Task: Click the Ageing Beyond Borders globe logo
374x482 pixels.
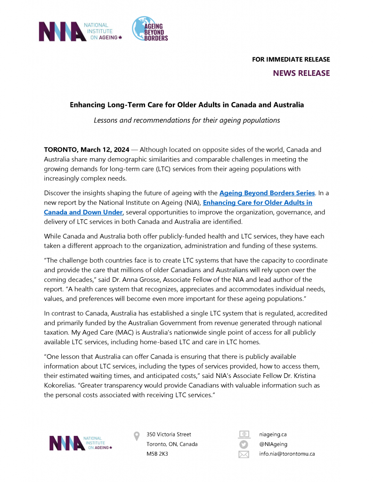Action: (x=149, y=29)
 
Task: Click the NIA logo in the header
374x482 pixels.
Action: (x=80, y=32)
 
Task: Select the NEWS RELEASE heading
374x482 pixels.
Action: (x=301, y=73)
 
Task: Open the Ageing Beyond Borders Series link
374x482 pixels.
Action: (x=267, y=193)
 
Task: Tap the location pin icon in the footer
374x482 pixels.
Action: (x=137, y=436)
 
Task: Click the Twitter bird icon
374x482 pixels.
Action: (x=244, y=444)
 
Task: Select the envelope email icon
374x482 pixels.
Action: (x=244, y=454)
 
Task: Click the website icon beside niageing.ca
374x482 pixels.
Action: (x=244, y=434)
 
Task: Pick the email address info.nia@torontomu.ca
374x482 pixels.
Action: (x=287, y=454)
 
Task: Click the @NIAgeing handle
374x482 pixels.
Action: (x=273, y=444)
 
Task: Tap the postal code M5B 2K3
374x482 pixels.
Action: (x=157, y=454)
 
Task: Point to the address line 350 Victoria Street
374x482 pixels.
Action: (x=169, y=434)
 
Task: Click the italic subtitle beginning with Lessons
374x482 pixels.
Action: (x=187, y=120)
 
